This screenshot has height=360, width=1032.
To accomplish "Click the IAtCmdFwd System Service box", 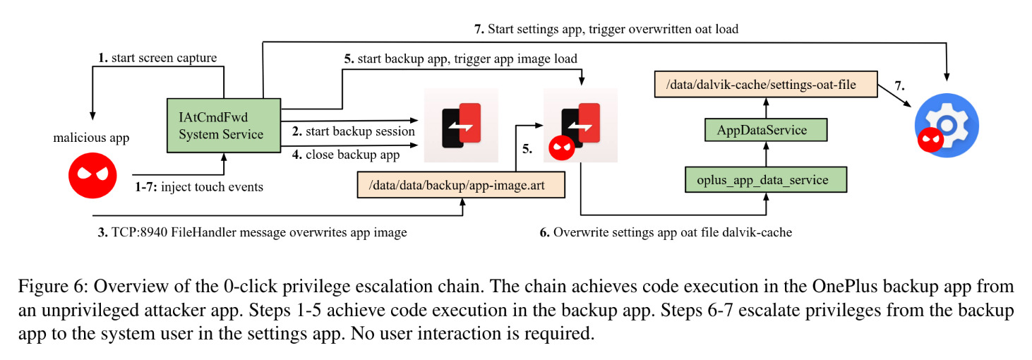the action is coord(224,126).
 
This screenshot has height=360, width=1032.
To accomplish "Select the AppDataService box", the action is coord(766,130).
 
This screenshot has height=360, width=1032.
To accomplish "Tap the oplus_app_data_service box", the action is coord(766,180).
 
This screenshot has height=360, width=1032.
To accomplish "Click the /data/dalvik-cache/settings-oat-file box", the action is coord(766,85).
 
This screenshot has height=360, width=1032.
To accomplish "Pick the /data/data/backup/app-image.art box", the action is coord(461,185).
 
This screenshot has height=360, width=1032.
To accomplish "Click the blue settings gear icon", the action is coord(947,126).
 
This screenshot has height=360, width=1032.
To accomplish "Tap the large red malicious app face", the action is coord(92,176).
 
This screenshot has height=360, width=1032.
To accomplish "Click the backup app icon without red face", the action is coord(461,126).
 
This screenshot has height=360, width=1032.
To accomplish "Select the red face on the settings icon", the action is coord(930,140).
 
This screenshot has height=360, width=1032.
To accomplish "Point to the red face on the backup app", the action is coord(562,148).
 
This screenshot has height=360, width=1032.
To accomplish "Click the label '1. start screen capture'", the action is coord(157,58).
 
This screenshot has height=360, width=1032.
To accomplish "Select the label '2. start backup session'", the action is coord(354,131).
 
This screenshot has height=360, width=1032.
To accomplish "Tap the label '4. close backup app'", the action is coord(346,155).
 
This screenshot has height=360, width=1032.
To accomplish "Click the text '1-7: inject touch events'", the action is coord(198,186).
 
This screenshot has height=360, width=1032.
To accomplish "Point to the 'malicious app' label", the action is coord(91,138).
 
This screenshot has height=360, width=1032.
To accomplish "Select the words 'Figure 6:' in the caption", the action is coord(53,287).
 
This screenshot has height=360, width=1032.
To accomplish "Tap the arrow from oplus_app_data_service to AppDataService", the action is coord(766,155).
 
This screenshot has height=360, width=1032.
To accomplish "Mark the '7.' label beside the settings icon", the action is coord(900,85).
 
